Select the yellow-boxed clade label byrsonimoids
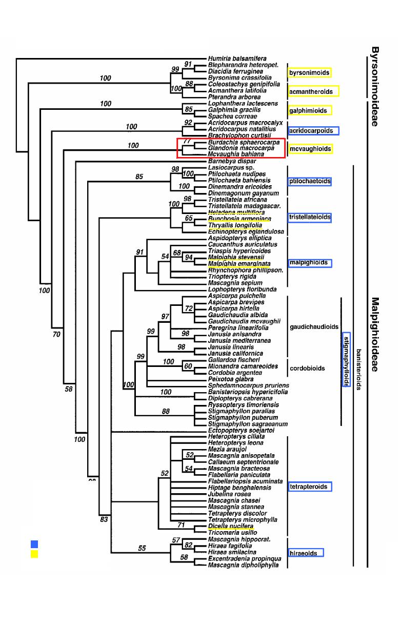point(309,73)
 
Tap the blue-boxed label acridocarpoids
point(309,130)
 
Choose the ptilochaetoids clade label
point(310,181)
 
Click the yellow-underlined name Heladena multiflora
point(236,212)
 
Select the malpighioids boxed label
point(310,263)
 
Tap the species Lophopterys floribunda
point(243,289)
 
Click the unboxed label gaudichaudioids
point(314,326)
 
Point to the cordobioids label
point(307,368)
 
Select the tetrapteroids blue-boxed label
point(310,487)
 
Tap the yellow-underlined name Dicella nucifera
point(230,526)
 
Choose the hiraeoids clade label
point(306,553)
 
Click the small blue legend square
point(34,544)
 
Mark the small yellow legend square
point(34,554)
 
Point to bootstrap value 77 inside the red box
point(187,141)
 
